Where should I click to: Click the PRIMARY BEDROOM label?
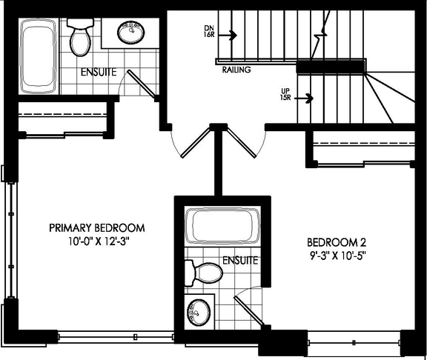(x=96, y=227)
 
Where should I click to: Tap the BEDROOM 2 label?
(x=337, y=242)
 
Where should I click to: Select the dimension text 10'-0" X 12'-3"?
(x=96, y=241)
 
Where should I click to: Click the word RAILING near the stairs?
(x=236, y=70)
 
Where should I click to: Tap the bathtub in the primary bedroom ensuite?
(x=38, y=54)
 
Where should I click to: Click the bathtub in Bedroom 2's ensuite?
(x=222, y=227)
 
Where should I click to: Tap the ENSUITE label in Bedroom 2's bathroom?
(x=239, y=261)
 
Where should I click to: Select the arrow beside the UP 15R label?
(x=305, y=97)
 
